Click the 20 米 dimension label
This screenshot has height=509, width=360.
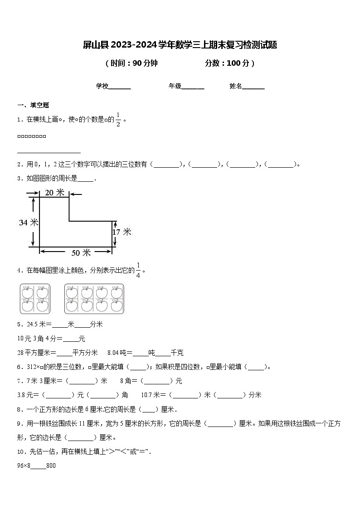pyautogui.click(x=54, y=193)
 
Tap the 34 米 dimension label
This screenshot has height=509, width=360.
pyautogui.click(x=29, y=222)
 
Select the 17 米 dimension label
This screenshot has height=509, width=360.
pyautogui.click(x=122, y=232)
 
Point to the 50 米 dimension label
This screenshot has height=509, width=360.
pyautogui.click(x=81, y=252)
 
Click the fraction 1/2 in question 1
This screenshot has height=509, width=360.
pyautogui.click(x=118, y=120)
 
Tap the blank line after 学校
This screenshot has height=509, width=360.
pyautogui.click(x=120, y=86)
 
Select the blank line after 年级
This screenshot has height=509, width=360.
pyautogui.click(x=193, y=86)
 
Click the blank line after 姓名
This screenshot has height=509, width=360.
pyautogui.click(x=253, y=86)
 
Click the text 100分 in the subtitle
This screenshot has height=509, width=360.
pyautogui.click(x=238, y=63)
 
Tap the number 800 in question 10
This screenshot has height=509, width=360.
pyautogui.click(x=51, y=465)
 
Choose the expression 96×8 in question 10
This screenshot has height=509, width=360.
pyautogui.click(x=24, y=465)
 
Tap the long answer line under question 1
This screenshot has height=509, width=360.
pyautogui.click(x=49, y=153)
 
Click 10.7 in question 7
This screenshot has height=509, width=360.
pyautogui.click(x=147, y=395)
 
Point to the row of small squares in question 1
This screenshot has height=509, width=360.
pyautogui.click(x=32, y=136)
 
